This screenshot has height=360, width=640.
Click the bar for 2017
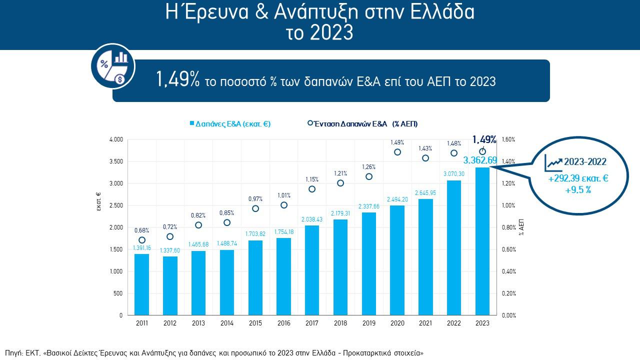pos(311,270)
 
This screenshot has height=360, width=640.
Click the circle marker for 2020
pos(397,152)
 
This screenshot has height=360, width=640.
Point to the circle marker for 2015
pos(255,208)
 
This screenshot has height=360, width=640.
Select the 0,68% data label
pos(142,230)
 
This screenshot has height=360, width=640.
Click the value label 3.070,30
pos(454,174)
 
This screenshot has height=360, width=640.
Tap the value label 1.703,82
pos(255,233)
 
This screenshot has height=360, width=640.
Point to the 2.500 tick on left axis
pos(115,205)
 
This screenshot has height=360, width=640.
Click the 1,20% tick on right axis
pos(508,183)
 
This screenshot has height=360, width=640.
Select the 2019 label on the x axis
pos(369,323)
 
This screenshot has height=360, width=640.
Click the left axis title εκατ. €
pos(98,202)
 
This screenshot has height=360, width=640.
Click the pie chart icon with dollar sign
pos(113,66)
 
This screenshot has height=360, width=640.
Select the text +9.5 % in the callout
pos(578,190)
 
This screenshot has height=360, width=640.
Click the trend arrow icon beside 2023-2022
pos(554,161)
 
